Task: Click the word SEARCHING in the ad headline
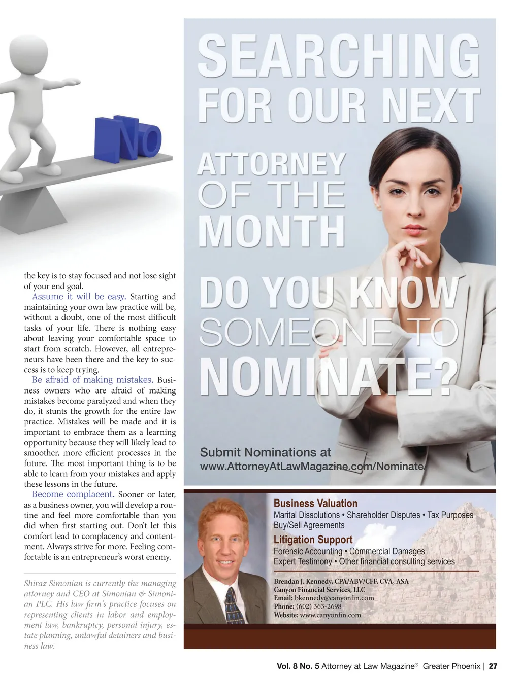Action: [338, 56]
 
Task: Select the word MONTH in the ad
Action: [272, 232]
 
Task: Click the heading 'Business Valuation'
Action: [315, 503]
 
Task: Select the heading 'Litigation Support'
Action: [313, 540]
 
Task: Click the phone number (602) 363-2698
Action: [318, 606]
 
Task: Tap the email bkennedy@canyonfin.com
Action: [334, 598]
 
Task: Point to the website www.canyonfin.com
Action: [330, 615]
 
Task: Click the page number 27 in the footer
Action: [493, 666]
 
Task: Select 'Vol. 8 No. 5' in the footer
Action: [298, 666]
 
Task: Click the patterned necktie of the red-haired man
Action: [234, 605]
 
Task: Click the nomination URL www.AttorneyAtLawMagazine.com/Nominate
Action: [312, 467]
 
